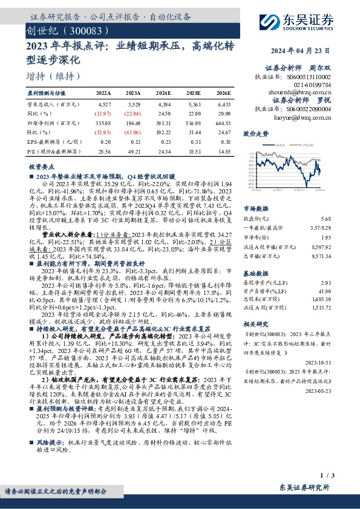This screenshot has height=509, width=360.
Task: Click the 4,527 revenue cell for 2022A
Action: pos(103,105)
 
